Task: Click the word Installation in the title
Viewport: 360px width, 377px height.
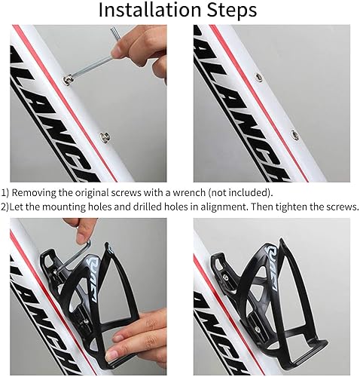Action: tap(151, 10)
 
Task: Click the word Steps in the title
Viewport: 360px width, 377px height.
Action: tap(232, 11)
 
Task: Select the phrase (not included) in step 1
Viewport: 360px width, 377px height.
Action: tap(240, 193)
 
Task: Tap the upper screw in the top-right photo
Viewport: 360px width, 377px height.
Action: tap(258, 77)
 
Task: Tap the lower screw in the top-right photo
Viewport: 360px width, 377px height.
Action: tap(294, 134)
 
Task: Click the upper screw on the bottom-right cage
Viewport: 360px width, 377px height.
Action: tap(225, 277)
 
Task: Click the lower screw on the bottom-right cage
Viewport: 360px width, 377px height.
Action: tap(257, 328)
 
